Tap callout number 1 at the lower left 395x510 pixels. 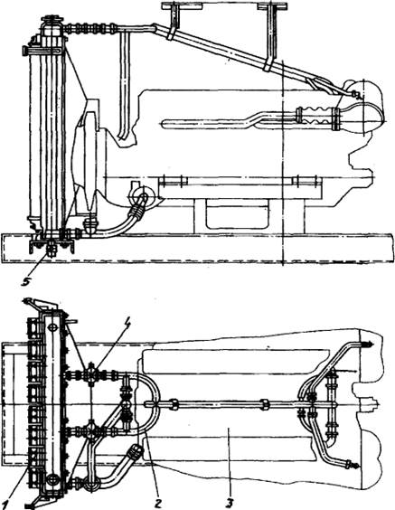pos(4,505)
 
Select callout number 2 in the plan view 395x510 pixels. pos(157,504)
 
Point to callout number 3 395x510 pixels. pos(230,504)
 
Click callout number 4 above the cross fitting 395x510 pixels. pos(127,326)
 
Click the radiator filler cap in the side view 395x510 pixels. pos(52,19)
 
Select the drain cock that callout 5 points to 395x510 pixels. pos(51,248)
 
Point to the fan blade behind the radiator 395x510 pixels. pos(90,156)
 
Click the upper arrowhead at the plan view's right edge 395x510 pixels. pos(370,345)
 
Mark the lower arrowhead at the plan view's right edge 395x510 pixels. pos(355,466)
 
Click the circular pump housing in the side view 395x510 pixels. pos(139,195)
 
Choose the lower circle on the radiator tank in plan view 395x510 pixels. pos(52,479)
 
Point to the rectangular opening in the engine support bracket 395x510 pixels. pos(238,213)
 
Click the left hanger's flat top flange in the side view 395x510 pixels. pos(182,5)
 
